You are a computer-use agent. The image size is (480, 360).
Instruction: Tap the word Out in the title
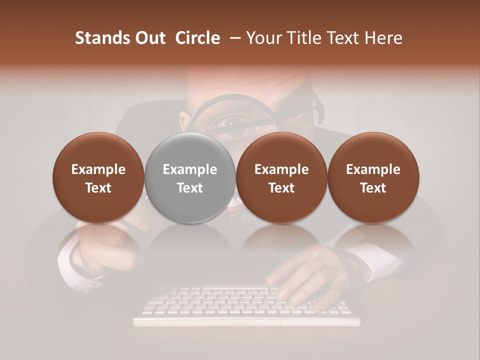(x=149, y=38)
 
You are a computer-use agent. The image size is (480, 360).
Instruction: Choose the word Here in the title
(x=383, y=38)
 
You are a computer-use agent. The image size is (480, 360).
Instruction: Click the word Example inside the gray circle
(x=190, y=169)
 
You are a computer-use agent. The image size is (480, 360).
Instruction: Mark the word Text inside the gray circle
(x=190, y=188)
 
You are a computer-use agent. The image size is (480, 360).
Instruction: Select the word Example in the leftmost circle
(x=98, y=169)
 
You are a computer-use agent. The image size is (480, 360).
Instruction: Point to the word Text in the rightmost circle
(x=373, y=188)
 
